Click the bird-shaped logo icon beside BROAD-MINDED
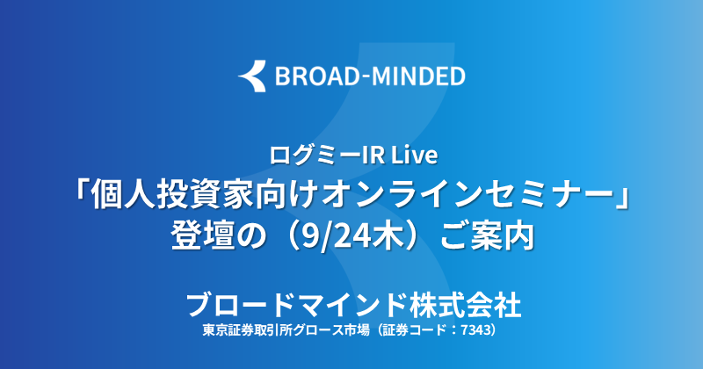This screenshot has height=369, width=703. (x=252, y=76)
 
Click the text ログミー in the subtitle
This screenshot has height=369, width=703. (x=309, y=156)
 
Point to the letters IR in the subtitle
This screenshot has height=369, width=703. (x=366, y=156)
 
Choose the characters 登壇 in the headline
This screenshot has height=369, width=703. (x=203, y=235)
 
